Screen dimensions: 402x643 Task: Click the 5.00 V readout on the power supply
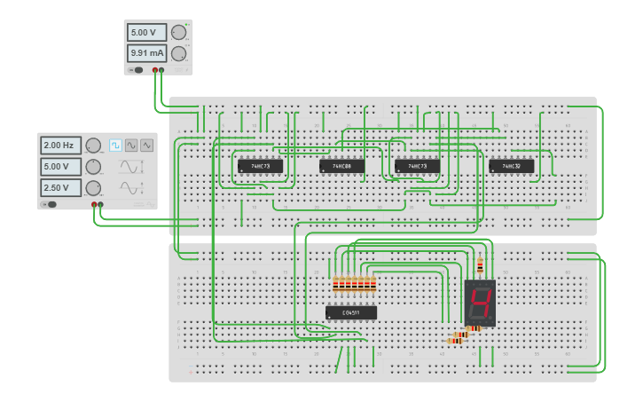pos(146,33)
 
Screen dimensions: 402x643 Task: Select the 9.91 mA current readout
pos(146,53)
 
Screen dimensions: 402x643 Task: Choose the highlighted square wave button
pos(115,145)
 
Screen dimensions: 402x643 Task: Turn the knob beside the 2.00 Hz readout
pos(93,145)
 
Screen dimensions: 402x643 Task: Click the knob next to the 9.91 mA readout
pos(178,53)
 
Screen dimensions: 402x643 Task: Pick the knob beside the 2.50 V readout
pos(93,187)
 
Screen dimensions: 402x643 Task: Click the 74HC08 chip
pos(341,166)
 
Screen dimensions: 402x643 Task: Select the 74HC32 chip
pos(512,166)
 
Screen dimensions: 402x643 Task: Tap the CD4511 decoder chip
pos(351,312)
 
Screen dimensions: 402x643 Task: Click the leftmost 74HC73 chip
pos(260,166)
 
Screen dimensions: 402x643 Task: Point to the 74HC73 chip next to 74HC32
pos(417,166)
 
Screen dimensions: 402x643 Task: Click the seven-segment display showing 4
pos(480,303)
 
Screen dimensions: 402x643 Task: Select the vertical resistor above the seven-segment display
pos(481,264)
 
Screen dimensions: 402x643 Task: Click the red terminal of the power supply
pos(155,69)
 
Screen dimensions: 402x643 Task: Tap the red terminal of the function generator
pos(94,204)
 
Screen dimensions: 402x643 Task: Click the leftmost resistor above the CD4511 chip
pos(336,285)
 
